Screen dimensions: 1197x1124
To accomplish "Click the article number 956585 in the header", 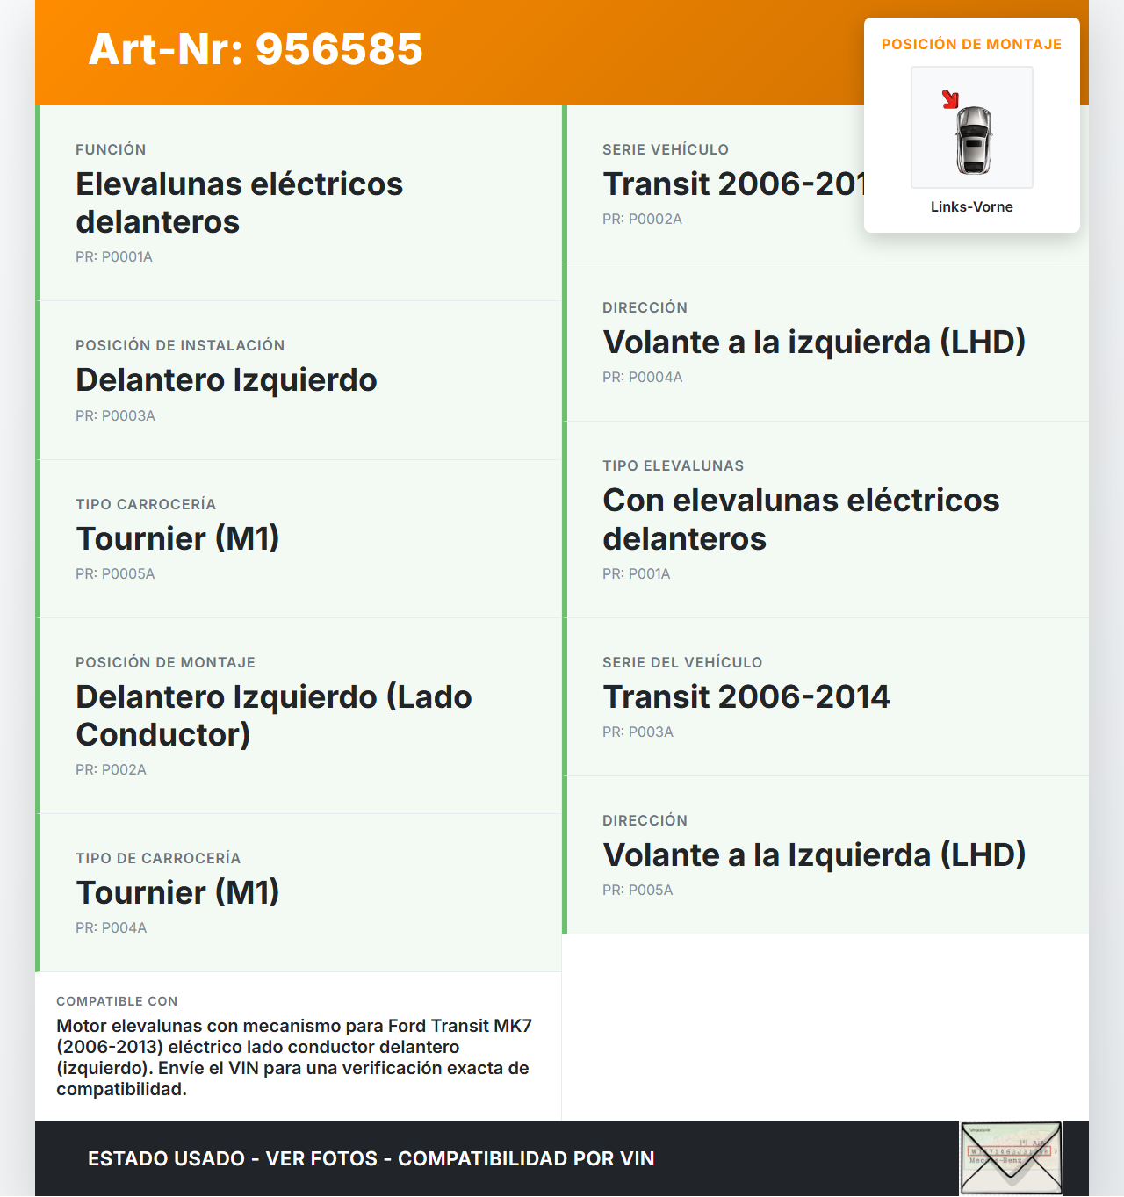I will (x=339, y=49).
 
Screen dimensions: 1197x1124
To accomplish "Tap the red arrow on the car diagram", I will (x=950, y=99).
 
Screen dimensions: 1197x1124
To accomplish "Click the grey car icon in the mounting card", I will (x=973, y=139).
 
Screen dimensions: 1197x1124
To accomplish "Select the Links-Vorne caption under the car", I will (x=971, y=207).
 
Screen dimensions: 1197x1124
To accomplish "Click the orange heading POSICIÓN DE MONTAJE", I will (x=971, y=45).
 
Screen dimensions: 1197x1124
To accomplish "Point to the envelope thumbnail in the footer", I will (x=1011, y=1158).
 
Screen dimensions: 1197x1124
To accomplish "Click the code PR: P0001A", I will (x=114, y=257).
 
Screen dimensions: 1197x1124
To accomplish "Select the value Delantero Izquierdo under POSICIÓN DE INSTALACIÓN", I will (x=227, y=380).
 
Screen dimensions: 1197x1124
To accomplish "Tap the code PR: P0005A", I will (x=115, y=574).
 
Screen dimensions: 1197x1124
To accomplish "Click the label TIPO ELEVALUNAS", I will (x=673, y=466).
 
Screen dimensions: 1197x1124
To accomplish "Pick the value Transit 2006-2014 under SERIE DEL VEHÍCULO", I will (x=746, y=697).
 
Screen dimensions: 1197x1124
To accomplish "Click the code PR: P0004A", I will (x=642, y=378).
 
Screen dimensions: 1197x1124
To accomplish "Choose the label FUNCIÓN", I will (x=111, y=150).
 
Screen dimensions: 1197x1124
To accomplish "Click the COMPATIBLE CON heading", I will (x=117, y=1001).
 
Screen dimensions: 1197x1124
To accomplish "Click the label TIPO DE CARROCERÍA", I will (x=158, y=859).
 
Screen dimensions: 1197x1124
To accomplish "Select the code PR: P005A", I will (x=638, y=891).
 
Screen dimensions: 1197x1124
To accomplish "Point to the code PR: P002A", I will (x=111, y=770).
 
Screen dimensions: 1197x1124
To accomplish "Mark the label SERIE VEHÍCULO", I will (x=665, y=150).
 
